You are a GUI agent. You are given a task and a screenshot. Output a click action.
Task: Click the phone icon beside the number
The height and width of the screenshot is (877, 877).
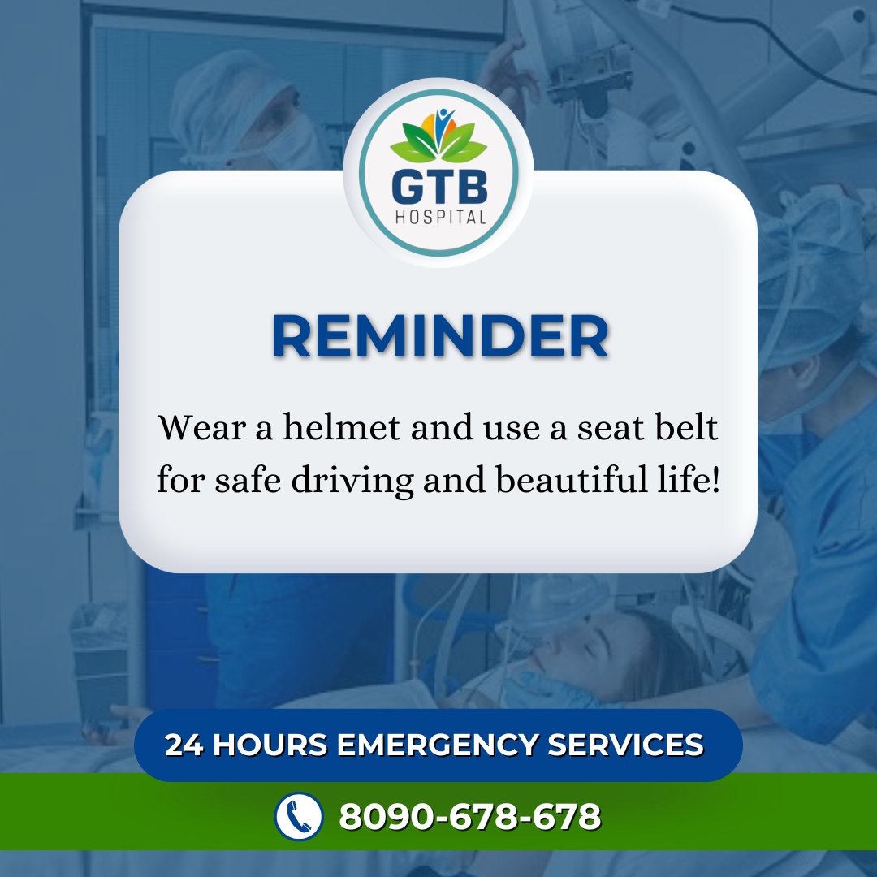pyautogui.click(x=299, y=816)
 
